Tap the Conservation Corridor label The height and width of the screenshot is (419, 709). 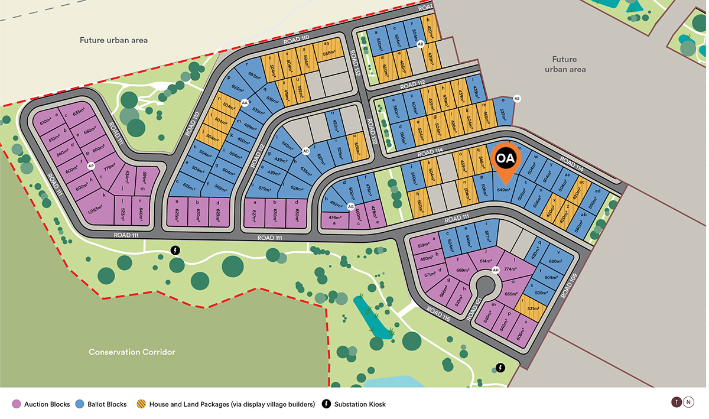pyautogui.click(x=132, y=352)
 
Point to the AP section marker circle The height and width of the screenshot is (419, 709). pyautogui.click(x=91, y=167)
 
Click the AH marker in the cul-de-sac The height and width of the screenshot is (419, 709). pyautogui.click(x=496, y=271)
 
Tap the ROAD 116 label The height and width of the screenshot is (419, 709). pyautogui.click(x=438, y=314)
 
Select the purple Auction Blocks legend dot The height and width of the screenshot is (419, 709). pyautogui.click(x=16, y=404)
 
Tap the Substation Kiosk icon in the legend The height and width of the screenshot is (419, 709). pyautogui.click(x=326, y=404)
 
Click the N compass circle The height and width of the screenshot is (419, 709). pyautogui.click(x=688, y=402)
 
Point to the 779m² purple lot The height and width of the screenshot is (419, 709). pyautogui.click(x=109, y=168)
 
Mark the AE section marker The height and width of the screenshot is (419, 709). pyautogui.click(x=517, y=99)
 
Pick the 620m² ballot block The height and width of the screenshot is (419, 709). pyautogui.click(x=555, y=261)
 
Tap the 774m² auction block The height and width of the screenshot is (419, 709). pyautogui.click(x=510, y=269)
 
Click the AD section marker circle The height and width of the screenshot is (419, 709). pyautogui.click(x=306, y=151)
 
